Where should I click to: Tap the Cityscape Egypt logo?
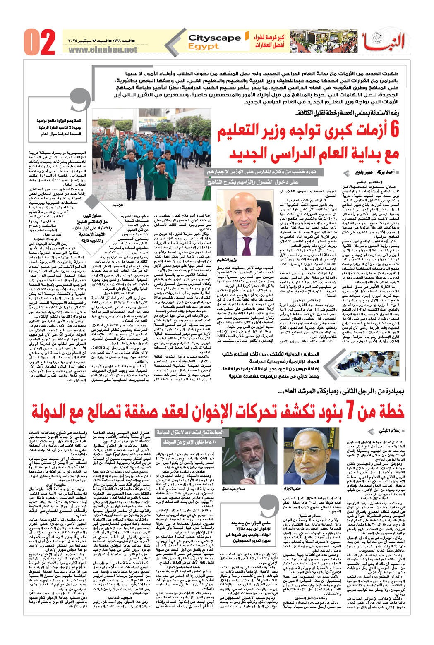pyautogui.click(x=214, y=41)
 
